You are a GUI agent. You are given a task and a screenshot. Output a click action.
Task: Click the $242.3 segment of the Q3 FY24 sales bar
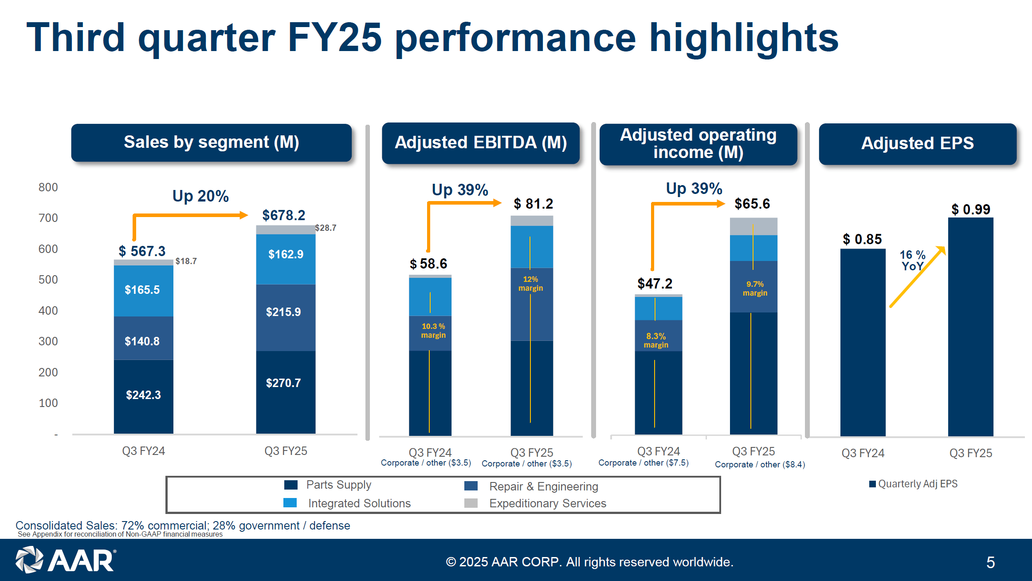click(x=143, y=395)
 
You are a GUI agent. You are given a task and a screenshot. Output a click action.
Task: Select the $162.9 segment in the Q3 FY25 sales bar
click(x=286, y=254)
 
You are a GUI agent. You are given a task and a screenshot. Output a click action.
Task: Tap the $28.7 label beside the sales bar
click(x=326, y=228)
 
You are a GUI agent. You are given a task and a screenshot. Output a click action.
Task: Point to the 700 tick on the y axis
click(x=48, y=218)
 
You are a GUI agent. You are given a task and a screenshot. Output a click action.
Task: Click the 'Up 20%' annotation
click(x=200, y=196)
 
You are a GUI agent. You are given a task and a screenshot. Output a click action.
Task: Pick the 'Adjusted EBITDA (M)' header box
click(x=481, y=143)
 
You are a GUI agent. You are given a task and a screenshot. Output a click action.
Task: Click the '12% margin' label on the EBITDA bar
click(x=530, y=284)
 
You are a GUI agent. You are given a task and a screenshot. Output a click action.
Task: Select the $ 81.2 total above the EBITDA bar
click(x=533, y=204)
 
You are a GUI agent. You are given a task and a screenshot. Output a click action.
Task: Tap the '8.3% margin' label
click(x=656, y=340)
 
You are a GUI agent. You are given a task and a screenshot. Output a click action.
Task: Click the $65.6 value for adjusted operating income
click(x=752, y=204)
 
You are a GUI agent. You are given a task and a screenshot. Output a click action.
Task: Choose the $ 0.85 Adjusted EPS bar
click(x=863, y=342)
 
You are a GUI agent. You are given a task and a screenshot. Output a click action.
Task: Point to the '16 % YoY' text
click(x=912, y=261)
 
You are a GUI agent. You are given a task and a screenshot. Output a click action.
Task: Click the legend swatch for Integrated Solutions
click(x=290, y=503)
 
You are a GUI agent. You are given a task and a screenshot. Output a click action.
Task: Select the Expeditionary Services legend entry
click(x=547, y=503)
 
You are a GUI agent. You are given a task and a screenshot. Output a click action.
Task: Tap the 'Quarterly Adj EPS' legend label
click(x=918, y=484)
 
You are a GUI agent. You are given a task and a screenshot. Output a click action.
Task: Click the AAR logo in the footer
click(x=66, y=560)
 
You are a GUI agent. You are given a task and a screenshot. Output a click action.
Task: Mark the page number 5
click(x=990, y=562)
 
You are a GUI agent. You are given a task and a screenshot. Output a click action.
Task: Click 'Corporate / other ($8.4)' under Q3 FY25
click(x=760, y=464)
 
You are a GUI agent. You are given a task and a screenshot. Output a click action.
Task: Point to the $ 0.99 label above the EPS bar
click(x=970, y=209)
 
